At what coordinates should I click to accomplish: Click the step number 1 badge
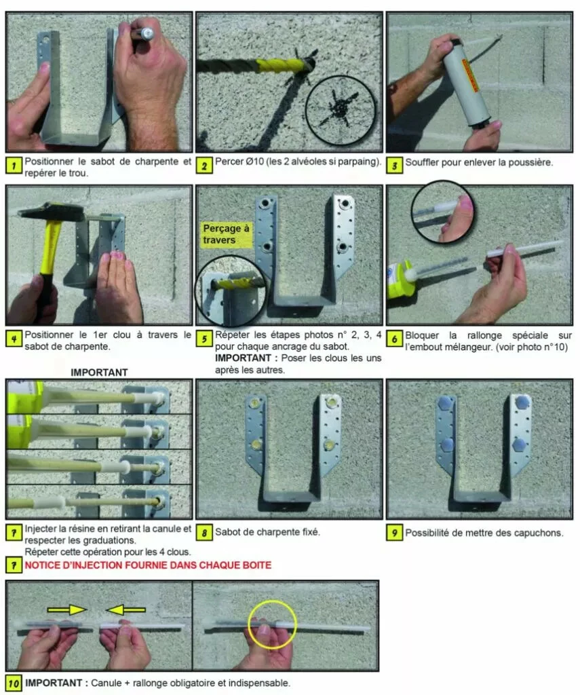coord(14,166)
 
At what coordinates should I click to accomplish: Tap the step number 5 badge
coord(204,339)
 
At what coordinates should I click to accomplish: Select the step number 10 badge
coord(14,683)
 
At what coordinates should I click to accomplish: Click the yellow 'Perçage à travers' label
coord(226,234)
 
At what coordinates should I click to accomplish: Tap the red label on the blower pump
coord(469,75)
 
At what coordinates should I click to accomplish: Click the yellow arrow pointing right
coord(67,610)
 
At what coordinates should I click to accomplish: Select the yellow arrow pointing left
coord(126,610)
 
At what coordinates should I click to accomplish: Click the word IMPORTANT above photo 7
coord(99,373)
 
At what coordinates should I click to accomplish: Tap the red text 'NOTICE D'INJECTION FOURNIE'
coord(110,565)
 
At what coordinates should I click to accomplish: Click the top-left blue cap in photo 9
coord(445,402)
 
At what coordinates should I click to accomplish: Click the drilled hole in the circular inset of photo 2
coord(339,107)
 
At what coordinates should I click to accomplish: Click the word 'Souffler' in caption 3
coord(422,162)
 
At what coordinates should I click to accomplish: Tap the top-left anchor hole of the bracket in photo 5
coord(267,203)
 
